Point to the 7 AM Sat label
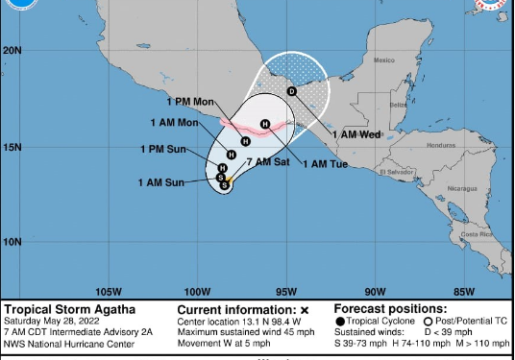[268, 161]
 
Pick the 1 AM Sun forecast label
[161, 182]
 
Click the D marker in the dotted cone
[291, 90]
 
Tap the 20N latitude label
[12, 50]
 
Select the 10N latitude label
[12, 242]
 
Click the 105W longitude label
[109, 292]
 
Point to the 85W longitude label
[464, 292]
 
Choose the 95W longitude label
[286, 292]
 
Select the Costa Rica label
[471, 234]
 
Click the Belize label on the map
[397, 104]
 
